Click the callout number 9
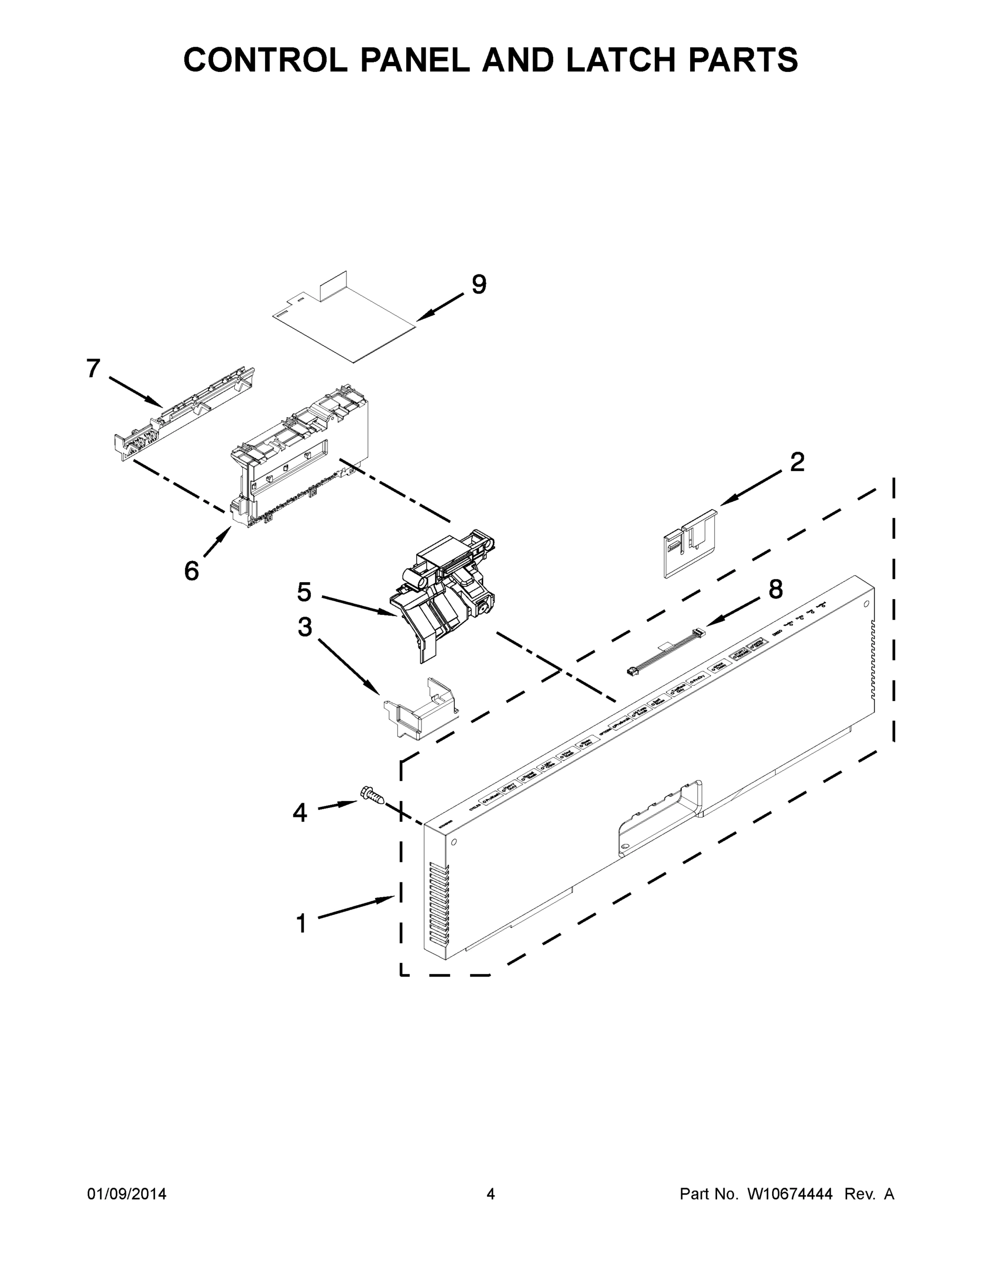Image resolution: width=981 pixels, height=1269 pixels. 478,284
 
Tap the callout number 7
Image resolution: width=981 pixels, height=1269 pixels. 94,369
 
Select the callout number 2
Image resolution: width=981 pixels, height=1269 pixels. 797,463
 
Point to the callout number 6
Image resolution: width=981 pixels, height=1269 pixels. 192,571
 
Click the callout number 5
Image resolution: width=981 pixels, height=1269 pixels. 304,592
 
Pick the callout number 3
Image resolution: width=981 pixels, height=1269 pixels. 305,627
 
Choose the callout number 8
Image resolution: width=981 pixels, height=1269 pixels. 775,589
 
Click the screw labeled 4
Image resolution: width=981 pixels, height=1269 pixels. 371,794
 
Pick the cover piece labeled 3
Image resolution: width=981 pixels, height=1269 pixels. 419,709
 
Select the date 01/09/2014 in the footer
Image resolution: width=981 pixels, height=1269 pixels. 127,1194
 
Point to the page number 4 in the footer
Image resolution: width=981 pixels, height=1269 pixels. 491,1194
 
